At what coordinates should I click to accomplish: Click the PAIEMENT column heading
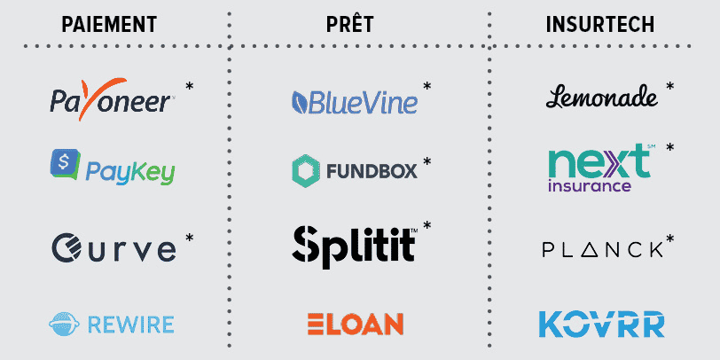click(x=109, y=24)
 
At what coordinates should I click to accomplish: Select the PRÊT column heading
click(x=350, y=23)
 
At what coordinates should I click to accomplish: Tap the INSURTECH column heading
click(x=600, y=24)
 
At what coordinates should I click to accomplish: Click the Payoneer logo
click(x=111, y=98)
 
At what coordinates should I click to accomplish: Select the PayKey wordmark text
click(x=130, y=174)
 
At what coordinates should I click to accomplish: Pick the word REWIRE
click(x=131, y=325)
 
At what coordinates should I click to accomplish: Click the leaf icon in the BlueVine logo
click(x=301, y=102)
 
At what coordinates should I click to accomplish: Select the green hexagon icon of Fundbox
click(x=305, y=171)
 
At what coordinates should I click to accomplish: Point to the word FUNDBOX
click(x=372, y=171)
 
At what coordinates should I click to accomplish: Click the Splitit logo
click(x=355, y=247)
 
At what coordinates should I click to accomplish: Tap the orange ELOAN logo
click(x=356, y=325)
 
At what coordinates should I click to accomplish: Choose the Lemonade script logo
click(x=601, y=97)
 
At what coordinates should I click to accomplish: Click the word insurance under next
click(x=590, y=185)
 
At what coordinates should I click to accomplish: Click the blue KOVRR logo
click(x=601, y=325)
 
